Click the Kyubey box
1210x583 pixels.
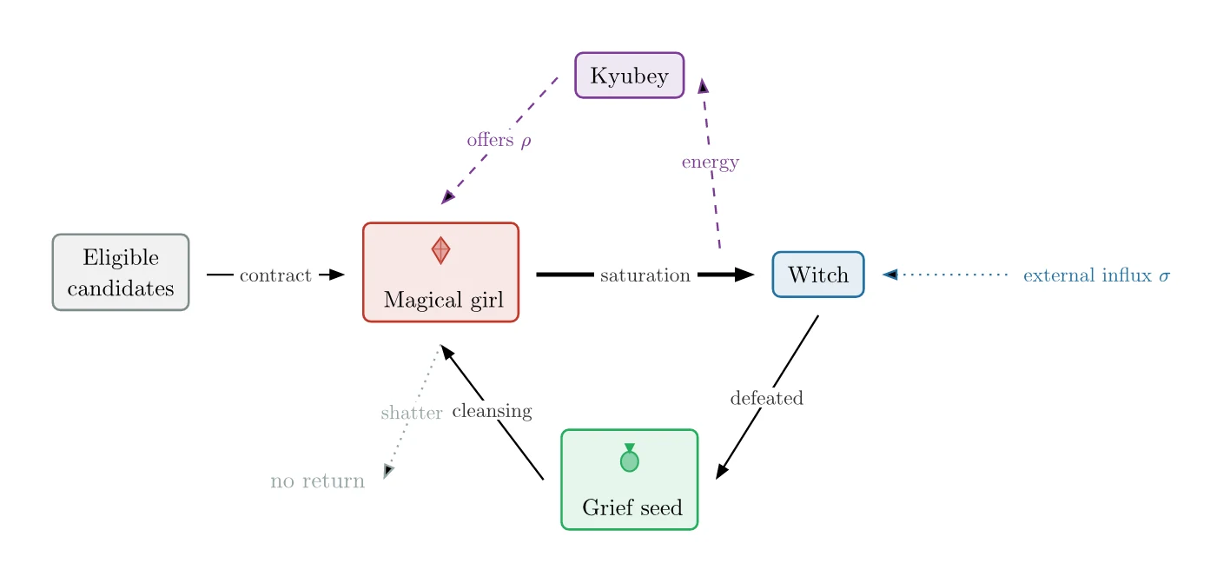point(629,75)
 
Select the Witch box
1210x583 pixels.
point(818,275)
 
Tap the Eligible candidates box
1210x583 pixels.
point(121,272)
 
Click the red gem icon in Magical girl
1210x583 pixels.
point(440,251)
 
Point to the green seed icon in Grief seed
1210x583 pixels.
point(629,458)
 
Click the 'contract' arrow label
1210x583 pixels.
point(275,275)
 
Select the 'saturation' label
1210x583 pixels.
point(645,275)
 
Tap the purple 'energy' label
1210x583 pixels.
point(711,162)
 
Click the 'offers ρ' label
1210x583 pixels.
point(499,140)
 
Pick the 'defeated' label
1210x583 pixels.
point(766,398)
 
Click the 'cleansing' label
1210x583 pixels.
point(493,411)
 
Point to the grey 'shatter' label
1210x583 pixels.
point(412,413)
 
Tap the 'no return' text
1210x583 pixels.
point(318,480)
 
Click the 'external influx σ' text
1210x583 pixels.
point(1096,275)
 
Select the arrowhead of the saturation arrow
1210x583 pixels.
point(744,275)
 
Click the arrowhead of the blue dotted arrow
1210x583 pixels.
point(890,275)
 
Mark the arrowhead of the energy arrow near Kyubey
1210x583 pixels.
point(703,86)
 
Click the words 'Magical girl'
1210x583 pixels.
point(444,300)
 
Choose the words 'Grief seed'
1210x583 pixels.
point(632,507)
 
